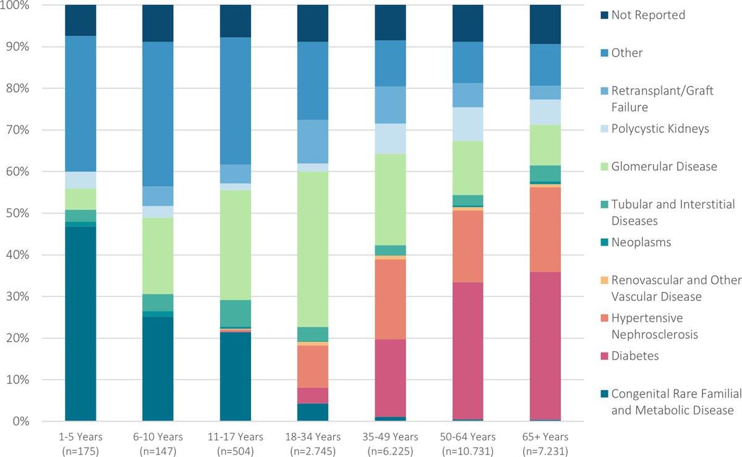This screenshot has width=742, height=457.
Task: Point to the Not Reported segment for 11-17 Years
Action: [236, 21]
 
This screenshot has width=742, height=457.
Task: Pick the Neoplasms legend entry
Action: [640, 242]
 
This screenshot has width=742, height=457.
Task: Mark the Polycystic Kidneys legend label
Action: [660, 129]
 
